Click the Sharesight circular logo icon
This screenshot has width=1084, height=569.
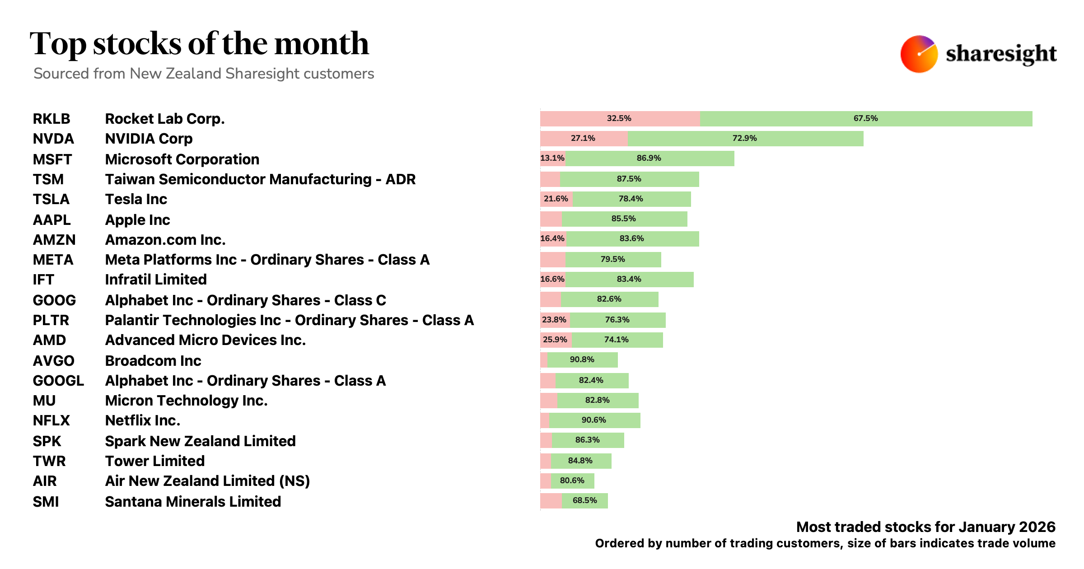[919, 54]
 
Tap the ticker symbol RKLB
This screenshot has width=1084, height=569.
[51, 119]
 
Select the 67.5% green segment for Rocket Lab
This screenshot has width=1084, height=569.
[866, 118]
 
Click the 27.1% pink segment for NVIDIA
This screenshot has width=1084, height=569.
[583, 138]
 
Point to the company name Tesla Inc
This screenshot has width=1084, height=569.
[136, 199]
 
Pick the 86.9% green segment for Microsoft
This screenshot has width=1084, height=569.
[649, 158]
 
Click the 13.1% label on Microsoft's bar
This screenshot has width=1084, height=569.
[552, 158]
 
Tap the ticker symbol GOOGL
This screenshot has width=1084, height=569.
[58, 381]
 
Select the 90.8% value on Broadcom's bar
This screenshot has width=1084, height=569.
[582, 359]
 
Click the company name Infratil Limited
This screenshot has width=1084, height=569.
[156, 280]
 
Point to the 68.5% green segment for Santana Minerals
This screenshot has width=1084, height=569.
[585, 500]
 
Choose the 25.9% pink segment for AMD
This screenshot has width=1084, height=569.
[555, 340]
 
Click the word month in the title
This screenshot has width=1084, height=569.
[322, 44]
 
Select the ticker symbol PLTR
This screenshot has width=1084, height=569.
[51, 320]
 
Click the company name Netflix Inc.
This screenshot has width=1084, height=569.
[143, 420]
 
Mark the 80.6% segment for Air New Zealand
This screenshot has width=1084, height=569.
[572, 480]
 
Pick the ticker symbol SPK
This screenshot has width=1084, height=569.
[47, 441]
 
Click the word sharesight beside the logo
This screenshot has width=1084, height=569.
[1001, 54]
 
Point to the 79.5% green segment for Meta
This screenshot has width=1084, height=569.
[613, 259]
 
